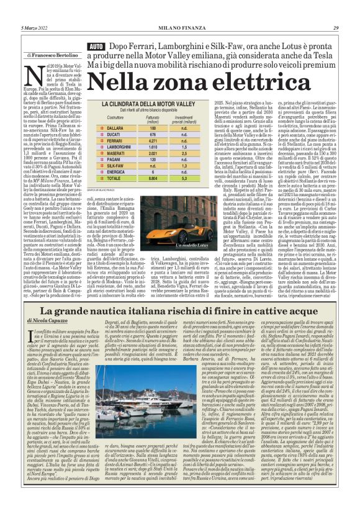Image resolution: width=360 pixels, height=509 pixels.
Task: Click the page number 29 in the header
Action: tap(335, 28)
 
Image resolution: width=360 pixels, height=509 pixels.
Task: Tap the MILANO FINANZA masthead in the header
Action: tap(180, 28)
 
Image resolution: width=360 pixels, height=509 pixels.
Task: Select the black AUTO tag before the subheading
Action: tap(96, 47)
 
